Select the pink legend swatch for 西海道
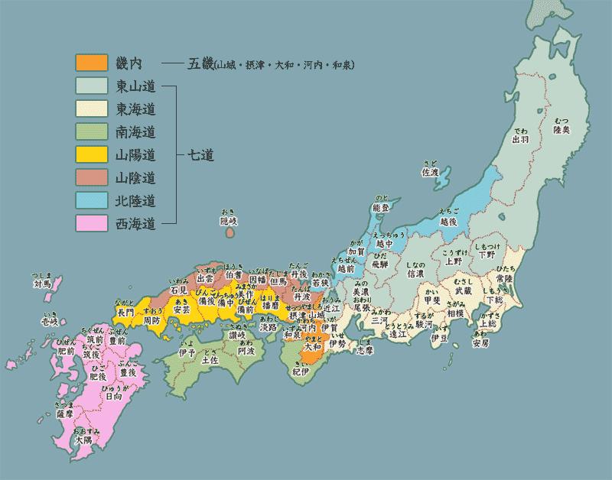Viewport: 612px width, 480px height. point(86,224)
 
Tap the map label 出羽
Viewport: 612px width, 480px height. point(520,139)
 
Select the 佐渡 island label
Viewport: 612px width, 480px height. point(431,173)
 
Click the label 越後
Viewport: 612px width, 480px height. point(448,220)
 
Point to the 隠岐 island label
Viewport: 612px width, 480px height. point(229,221)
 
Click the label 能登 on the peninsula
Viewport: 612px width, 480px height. point(381,208)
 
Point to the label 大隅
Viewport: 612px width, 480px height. point(83,442)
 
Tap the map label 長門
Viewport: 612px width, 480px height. point(125,312)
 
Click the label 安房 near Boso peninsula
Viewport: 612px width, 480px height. point(480,343)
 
